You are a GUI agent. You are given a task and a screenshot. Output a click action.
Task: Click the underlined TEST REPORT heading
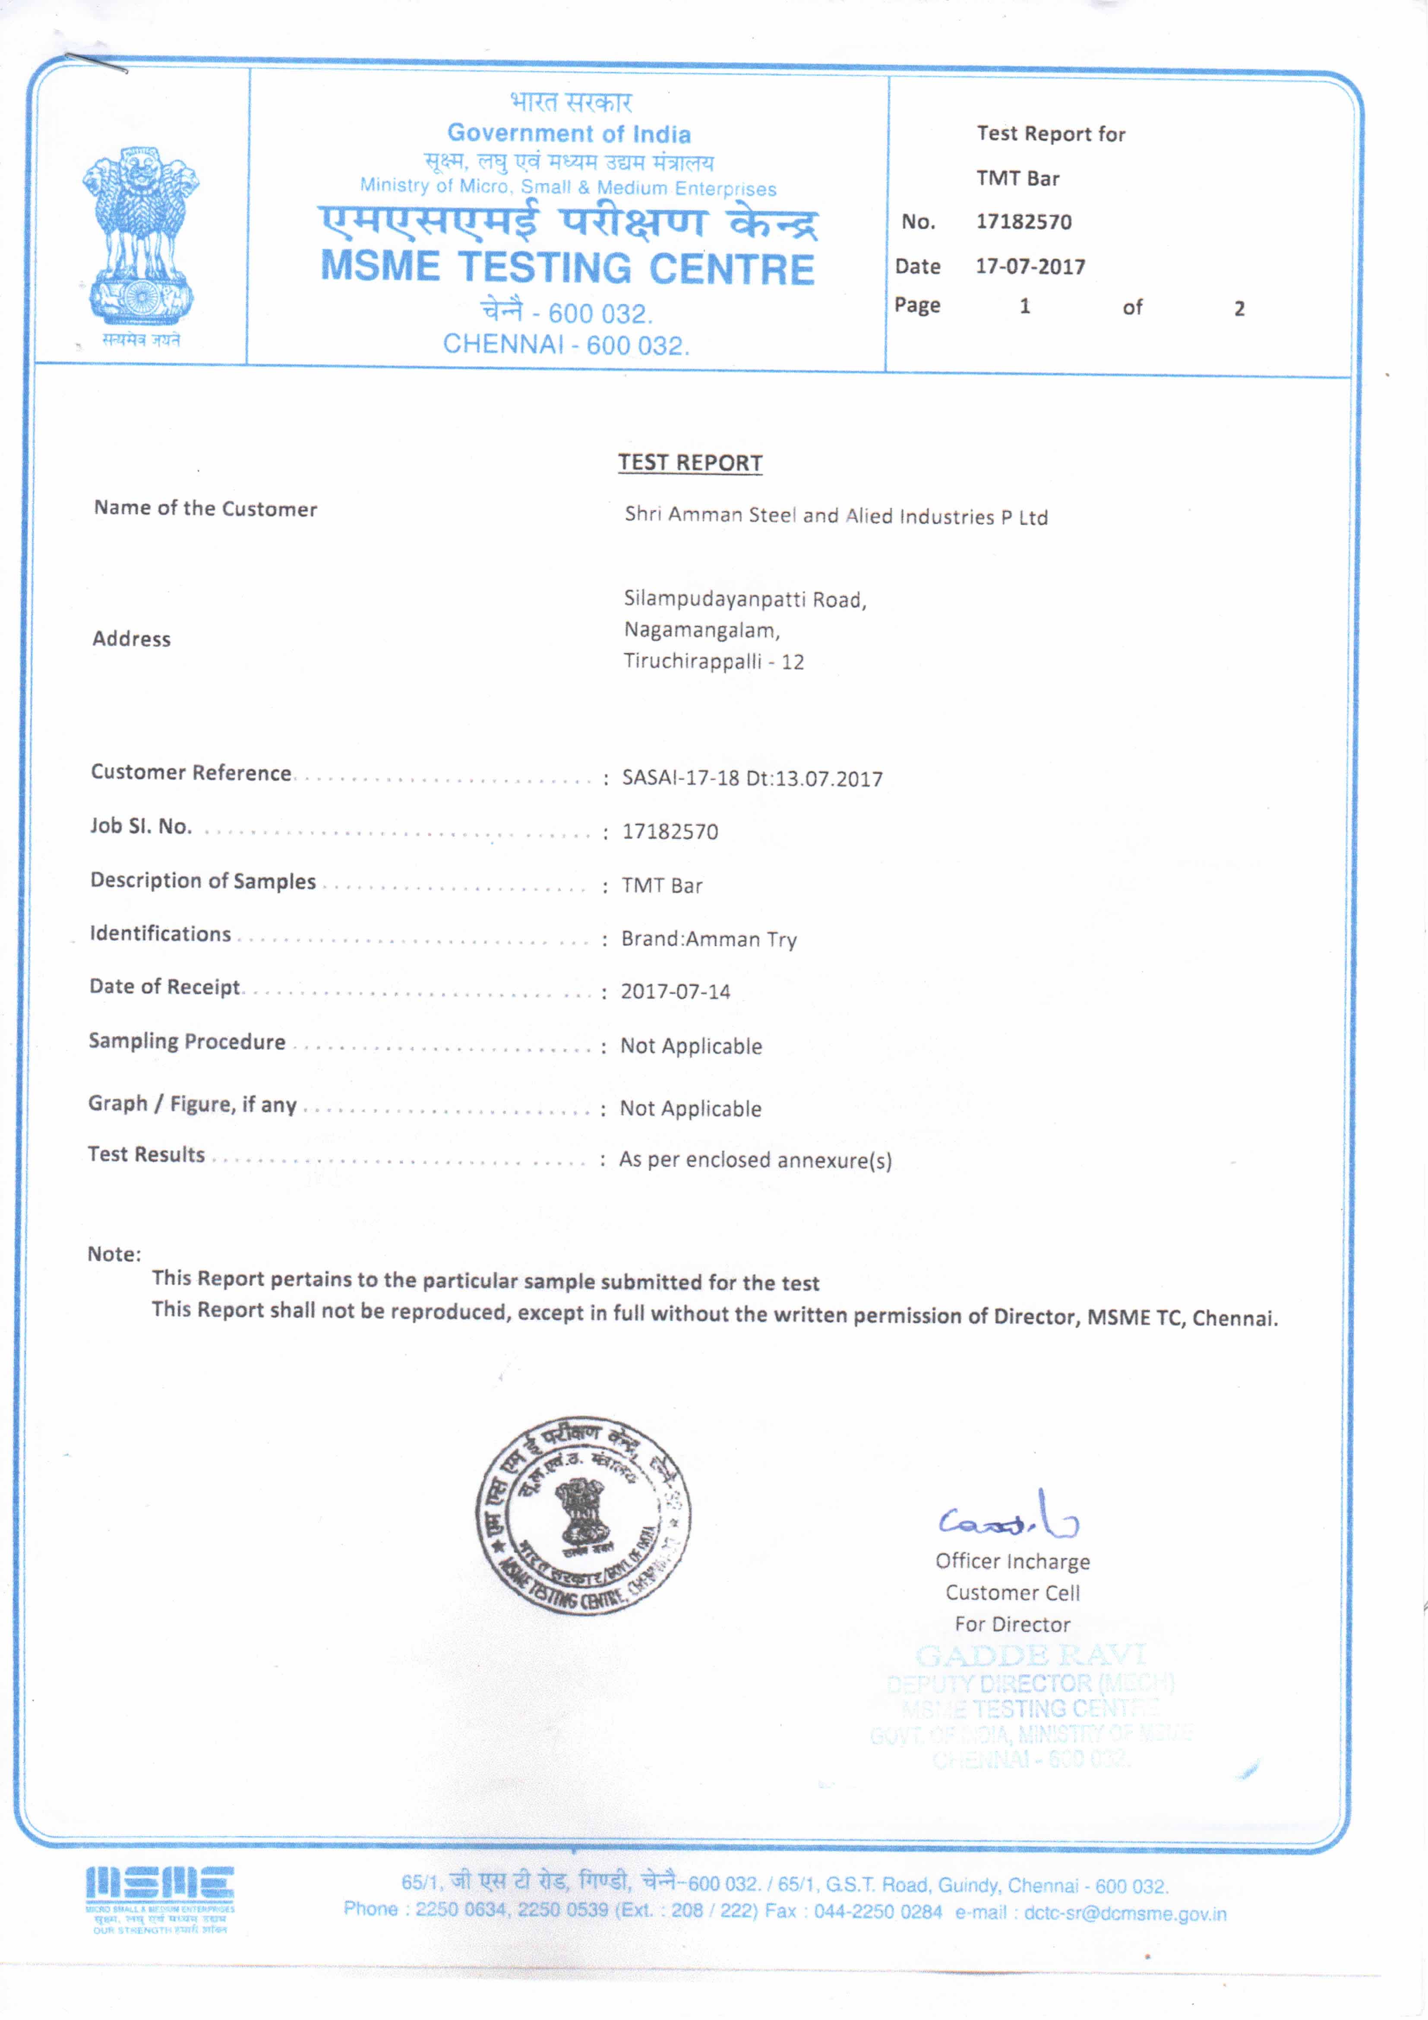coord(690,463)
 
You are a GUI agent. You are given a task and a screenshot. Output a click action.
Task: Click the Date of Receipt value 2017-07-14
coord(675,992)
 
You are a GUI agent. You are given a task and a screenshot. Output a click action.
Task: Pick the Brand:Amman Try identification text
coord(708,939)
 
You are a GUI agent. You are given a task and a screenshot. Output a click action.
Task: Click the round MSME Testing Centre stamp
coord(583,1515)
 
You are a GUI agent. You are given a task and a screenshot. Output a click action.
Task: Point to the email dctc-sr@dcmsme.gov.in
coord(1125,1913)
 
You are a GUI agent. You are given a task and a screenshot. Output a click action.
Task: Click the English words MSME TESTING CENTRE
coord(568,268)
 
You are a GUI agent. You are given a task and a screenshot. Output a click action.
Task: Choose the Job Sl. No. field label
coord(141,826)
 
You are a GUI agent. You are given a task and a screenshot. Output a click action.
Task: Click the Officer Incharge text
coord(1012,1561)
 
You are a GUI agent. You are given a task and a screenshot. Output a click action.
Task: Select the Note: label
coord(114,1254)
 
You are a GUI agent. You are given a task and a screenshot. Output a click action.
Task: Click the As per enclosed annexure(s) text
coord(755,1160)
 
